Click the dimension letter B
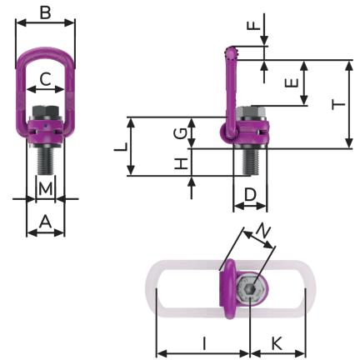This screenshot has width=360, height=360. [x=45, y=13]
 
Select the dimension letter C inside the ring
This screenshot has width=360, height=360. [x=45, y=79]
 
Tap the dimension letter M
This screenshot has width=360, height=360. [x=46, y=189]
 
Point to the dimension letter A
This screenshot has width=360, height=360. [x=46, y=222]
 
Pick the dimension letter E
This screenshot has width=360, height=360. [x=292, y=82]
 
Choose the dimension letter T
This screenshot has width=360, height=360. [x=339, y=105]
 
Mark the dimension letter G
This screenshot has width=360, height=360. [x=180, y=133]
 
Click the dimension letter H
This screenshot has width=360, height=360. [x=180, y=163]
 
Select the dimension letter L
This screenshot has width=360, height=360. [x=122, y=147]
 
